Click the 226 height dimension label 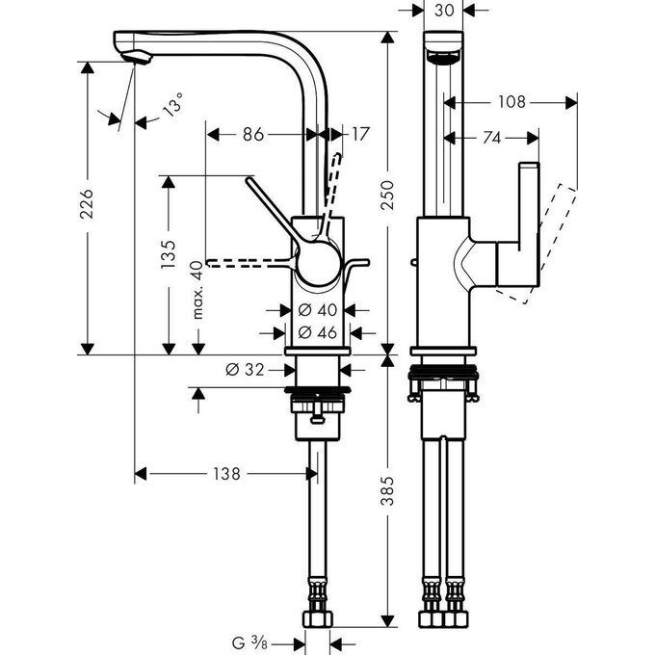[x=86, y=205]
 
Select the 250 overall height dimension [x=388, y=198]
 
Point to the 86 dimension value [x=253, y=135]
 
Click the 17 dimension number [x=359, y=135]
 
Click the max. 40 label [x=197, y=290]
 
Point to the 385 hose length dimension [x=388, y=494]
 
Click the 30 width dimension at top [x=444, y=11]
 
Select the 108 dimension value [x=511, y=101]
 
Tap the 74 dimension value [x=491, y=139]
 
